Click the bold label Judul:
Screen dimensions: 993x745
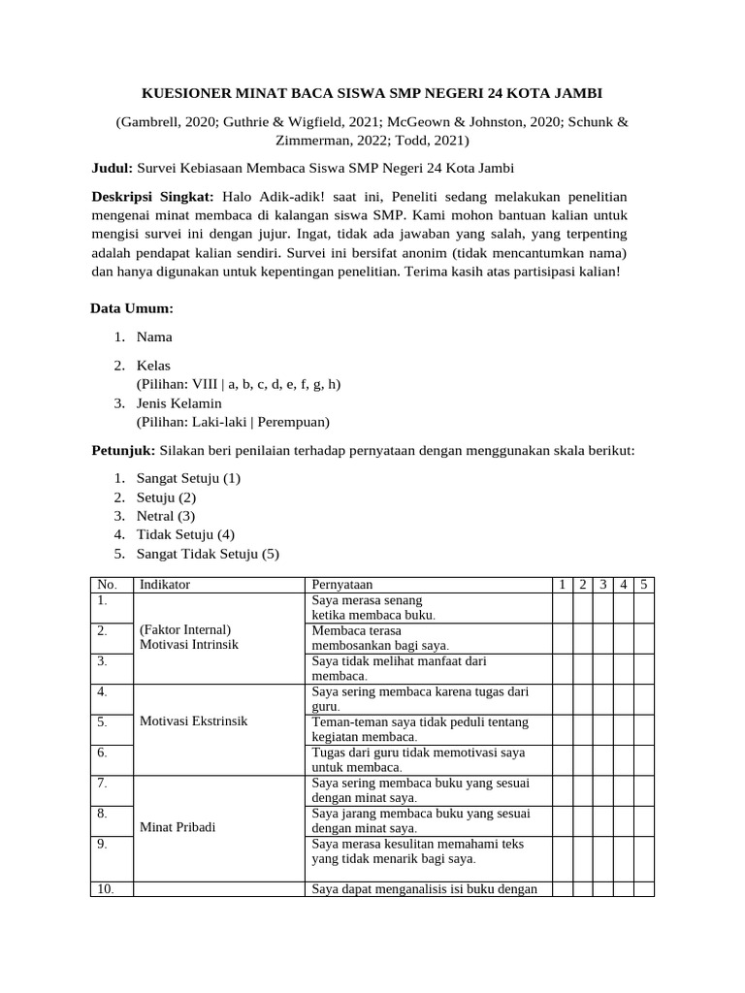113,168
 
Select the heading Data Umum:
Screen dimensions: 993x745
132,308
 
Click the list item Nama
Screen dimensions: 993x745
154,337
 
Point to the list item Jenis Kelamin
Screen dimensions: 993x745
179,402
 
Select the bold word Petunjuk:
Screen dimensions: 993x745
123,451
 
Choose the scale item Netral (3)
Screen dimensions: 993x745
166,516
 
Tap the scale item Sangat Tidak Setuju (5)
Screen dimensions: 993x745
208,554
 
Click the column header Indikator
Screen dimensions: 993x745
165,585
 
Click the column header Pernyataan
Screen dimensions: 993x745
341,585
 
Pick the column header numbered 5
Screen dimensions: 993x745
644,585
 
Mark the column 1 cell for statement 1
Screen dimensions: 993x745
563,608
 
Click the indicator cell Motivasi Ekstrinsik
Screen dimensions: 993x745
194,722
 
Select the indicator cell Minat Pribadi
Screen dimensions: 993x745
178,827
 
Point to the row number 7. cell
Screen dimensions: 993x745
102,782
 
